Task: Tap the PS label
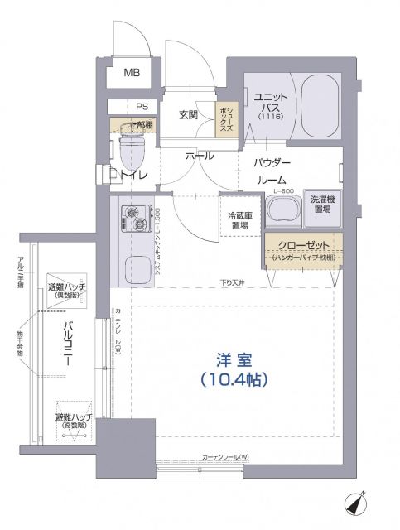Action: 142,107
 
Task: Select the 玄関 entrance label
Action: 189,115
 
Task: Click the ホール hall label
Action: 199,156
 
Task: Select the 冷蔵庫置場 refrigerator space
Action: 240,220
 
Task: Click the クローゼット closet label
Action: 304,246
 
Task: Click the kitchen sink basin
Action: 133,267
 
